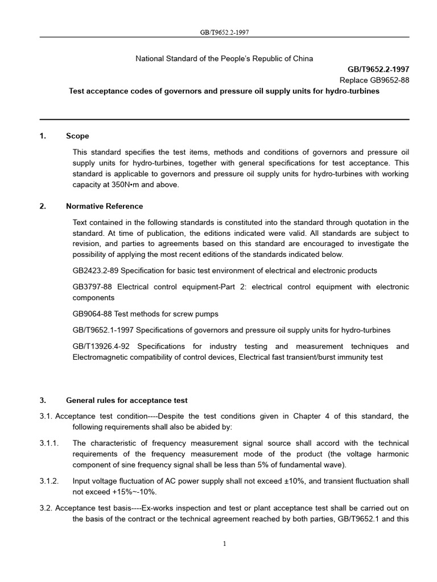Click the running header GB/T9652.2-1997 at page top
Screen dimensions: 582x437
pos(224,32)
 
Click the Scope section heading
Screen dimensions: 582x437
pos(77,136)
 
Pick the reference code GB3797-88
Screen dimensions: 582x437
pos(92,287)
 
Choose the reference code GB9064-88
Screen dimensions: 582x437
pos(92,314)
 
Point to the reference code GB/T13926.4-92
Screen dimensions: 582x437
pos(103,346)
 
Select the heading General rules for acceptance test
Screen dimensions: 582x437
pos(127,400)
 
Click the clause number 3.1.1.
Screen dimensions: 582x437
pos(49,443)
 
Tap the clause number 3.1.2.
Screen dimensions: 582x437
pos(49,481)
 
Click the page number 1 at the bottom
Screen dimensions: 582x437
pos(224,543)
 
